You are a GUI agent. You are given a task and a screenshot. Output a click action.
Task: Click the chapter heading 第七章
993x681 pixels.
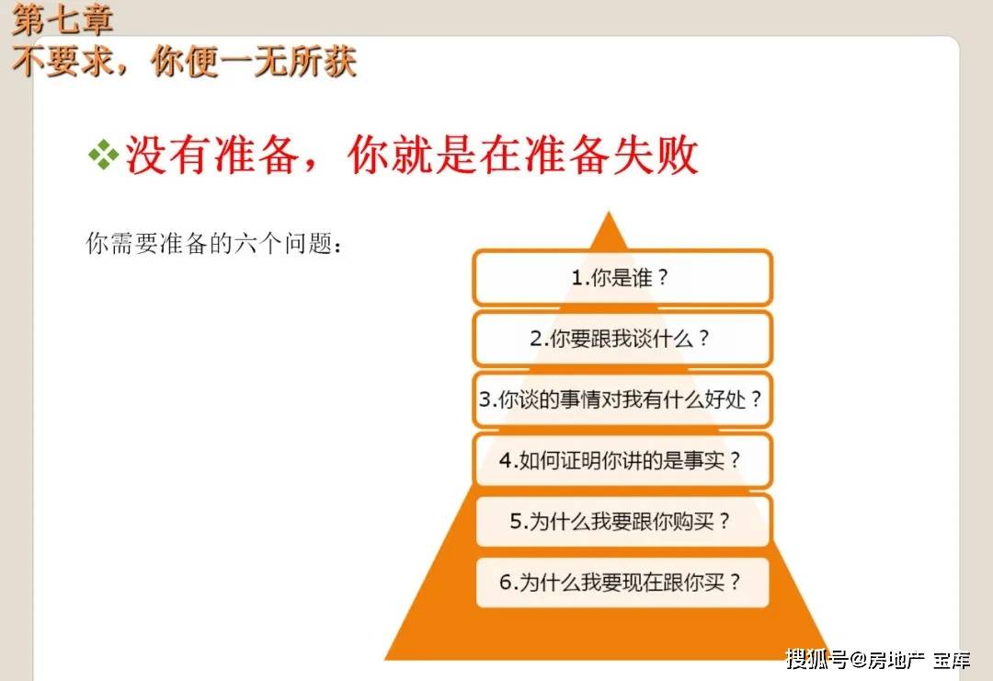tap(63, 19)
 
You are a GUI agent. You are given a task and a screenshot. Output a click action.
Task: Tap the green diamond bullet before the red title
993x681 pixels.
tap(103, 155)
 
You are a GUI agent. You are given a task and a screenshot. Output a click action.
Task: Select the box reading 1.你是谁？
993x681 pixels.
tap(622, 278)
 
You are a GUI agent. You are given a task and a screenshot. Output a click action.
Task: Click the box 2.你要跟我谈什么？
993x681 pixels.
tap(622, 339)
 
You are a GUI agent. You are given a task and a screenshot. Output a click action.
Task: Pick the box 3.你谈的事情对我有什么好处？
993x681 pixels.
tap(622, 399)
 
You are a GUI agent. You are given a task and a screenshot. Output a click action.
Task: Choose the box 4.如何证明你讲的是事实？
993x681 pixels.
tap(622, 460)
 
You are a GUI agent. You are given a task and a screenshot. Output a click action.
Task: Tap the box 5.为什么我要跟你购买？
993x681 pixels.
tap(622, 521)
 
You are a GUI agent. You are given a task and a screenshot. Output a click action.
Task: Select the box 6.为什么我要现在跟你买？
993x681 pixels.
tap(622, 583)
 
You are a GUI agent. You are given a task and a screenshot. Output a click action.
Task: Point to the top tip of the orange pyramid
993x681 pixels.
tap(609, 212)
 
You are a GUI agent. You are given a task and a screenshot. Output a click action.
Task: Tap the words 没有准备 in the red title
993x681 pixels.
tap(212, 156)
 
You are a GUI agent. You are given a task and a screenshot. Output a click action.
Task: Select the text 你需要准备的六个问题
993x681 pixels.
tap(209, 244)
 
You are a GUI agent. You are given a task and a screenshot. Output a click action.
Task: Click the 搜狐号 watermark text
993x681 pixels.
tap(817, 660)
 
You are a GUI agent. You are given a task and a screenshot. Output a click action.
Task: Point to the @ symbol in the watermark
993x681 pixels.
tap(858, 660)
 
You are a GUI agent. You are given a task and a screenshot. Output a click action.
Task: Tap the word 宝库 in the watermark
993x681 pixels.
tap(952, 660)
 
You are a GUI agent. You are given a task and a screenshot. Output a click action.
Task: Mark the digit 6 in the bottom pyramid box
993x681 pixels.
tap(506, 583)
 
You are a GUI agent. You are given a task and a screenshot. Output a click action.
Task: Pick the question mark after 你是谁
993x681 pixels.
tap(662, 278)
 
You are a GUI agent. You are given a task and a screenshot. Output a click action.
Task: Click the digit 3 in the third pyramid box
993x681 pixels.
tap(485, 399)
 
